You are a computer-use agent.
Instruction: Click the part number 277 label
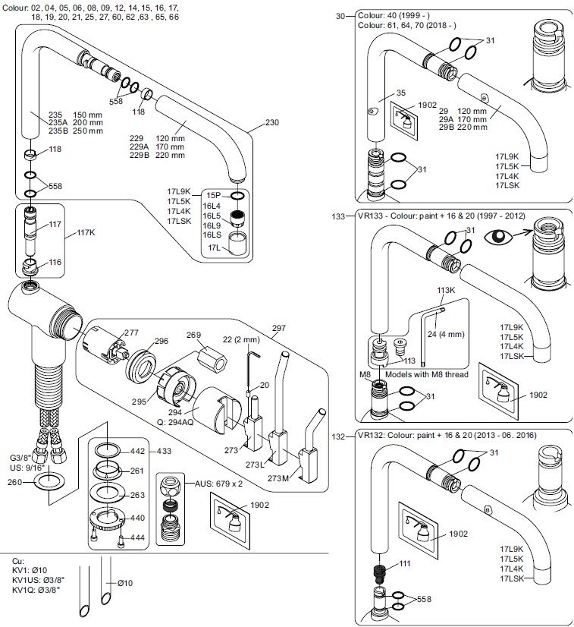(131, 332)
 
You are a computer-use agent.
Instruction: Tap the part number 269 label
(194, 335)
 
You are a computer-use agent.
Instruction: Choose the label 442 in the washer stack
(137, 451)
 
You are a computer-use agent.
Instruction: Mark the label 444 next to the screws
(138, 537)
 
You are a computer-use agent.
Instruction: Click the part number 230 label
(274, 121)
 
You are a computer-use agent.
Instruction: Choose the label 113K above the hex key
(446, 289)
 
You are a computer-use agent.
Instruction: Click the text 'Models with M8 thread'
(426, 374)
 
